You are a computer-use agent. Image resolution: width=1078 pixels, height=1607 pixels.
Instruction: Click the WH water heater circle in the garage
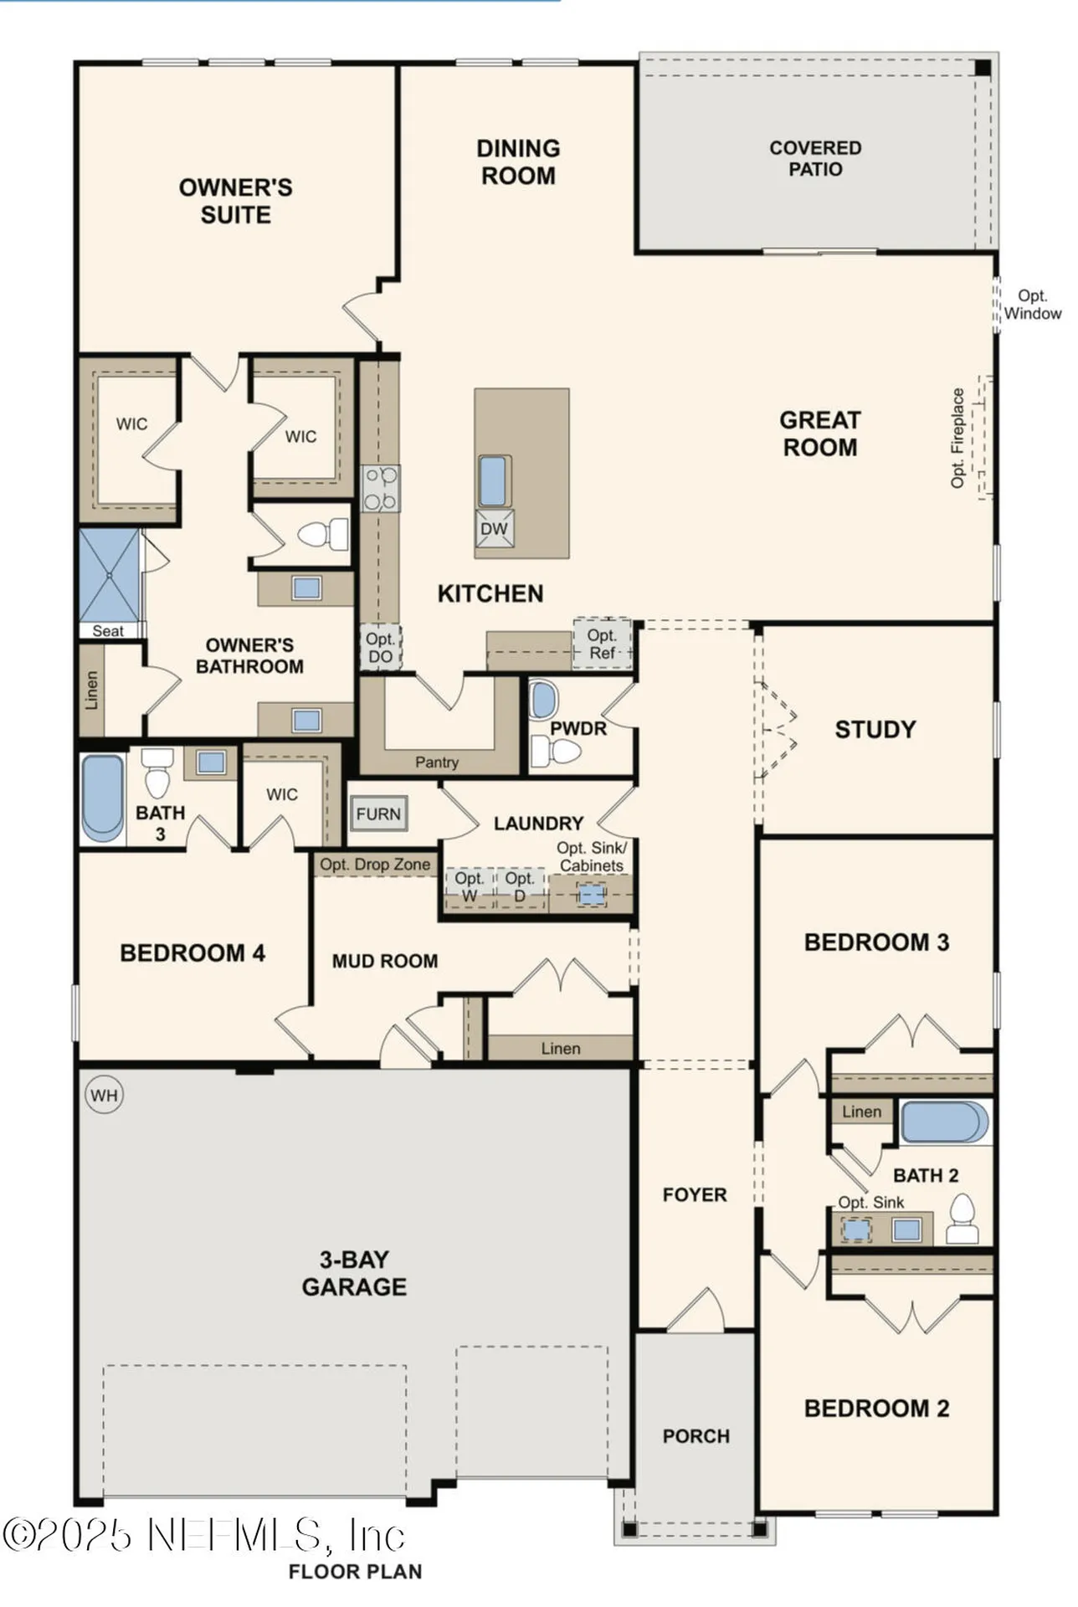(x=104, y=1095)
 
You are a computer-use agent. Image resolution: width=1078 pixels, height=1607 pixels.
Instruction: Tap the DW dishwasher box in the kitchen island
(x=494, y=529)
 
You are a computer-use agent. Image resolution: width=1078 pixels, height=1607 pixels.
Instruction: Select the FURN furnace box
(x=378, y=814)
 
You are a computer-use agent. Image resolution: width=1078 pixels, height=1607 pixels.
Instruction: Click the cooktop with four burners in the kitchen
(x=381, y=490)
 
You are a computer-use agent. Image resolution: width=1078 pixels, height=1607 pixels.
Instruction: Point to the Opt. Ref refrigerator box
(x=602, y=644)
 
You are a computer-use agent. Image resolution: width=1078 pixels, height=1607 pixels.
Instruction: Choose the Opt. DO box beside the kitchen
(x=381, y=648)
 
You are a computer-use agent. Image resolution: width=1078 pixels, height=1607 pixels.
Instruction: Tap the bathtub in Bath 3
(x=102, y=798)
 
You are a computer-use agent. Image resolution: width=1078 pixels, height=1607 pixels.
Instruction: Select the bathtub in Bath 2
(x=941, y=1122)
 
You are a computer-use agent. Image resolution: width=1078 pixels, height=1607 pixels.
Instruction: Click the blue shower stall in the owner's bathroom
(x=109, y=575)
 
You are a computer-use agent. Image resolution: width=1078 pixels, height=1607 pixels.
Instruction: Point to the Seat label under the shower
(x=108, y=631)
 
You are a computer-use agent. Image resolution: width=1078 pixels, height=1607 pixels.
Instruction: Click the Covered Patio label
(x=815, y=158)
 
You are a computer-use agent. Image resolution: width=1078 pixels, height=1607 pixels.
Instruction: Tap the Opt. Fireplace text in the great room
(x=958, y=438)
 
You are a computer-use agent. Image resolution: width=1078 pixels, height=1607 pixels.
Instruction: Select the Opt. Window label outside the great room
(x=1032, y=305)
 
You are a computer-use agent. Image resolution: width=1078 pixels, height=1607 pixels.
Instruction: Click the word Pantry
(x=436, y=762)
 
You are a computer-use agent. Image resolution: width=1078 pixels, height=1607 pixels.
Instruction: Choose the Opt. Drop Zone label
(x=375, y=865)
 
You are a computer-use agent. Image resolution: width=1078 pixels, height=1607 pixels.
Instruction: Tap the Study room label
(x=875, y=729)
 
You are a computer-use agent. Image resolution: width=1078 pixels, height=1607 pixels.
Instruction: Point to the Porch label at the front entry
(x=696, y=1436)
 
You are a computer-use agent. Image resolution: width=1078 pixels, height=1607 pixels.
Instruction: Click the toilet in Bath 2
(x=963, y=1221)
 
